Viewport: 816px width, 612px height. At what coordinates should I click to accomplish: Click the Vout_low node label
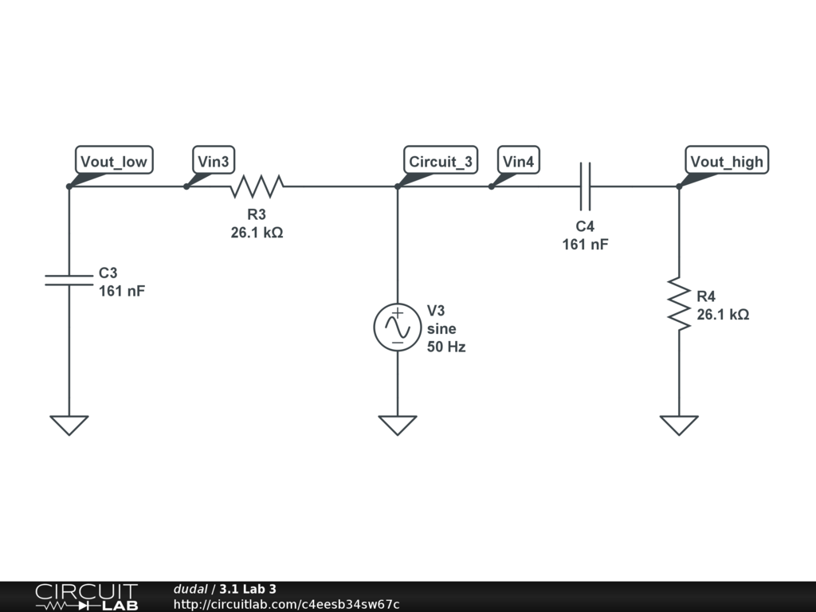pos(114,162)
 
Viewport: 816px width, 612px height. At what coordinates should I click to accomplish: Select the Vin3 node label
pos(214,162)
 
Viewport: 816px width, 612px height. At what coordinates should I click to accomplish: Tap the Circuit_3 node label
pos(440,162)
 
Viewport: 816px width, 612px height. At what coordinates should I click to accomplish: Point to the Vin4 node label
pos(518,162)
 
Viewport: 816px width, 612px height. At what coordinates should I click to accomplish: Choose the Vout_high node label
pos(726,162)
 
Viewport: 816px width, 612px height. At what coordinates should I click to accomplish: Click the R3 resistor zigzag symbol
pos(257,187)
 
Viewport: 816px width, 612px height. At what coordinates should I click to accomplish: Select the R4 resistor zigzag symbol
pos(679,303)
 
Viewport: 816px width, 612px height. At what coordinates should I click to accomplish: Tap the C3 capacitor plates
pos(69,278)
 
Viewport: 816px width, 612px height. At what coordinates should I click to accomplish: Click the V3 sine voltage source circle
pos(397,327)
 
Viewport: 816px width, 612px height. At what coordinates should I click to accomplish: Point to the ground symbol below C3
pos(69,425)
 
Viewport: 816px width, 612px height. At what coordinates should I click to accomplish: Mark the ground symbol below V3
pos(397,425)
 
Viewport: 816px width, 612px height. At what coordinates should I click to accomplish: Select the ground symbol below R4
pos(679,425)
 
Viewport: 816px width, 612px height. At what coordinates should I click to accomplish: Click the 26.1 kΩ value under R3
pos(257,233)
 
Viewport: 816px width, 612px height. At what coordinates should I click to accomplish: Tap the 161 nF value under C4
pos(585,245)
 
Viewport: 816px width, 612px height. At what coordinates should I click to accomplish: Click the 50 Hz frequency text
pos(446,347)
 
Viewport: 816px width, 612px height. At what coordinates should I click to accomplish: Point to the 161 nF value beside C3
pos(122,291)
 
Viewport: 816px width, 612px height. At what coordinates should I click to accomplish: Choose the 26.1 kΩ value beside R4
pos(723,315)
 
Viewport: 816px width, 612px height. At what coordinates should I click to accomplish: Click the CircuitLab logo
pos(86,597)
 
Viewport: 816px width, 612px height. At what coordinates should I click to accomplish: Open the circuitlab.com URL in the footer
pos(286,605)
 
